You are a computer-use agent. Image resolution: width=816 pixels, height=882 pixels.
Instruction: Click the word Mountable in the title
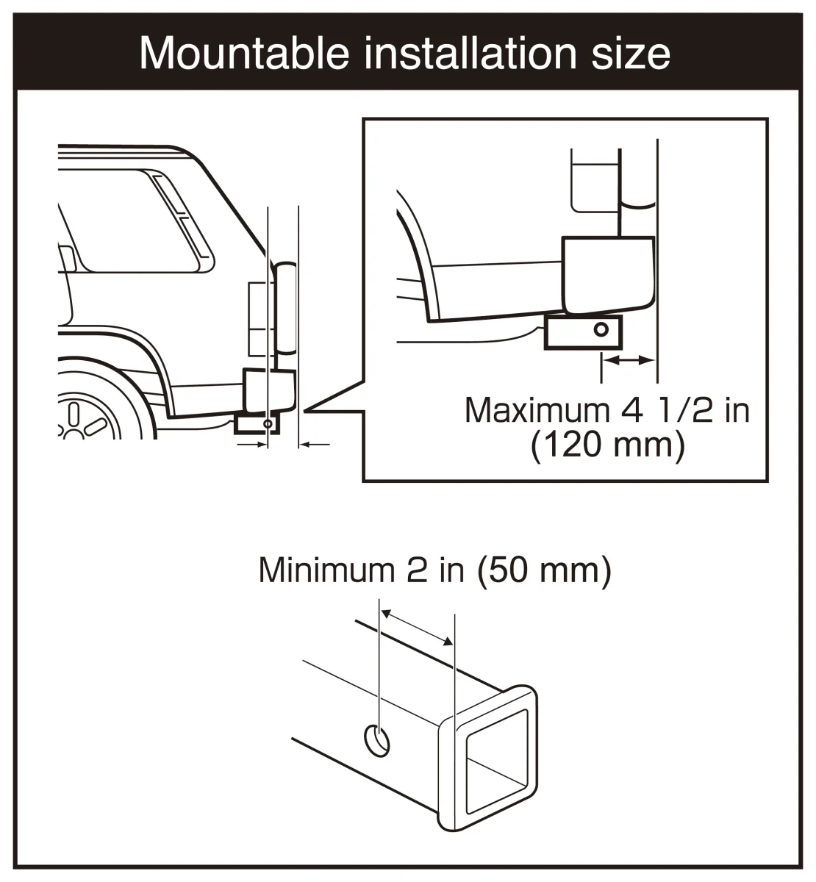click(244, 54)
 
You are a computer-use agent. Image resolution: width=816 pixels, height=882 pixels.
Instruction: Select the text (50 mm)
click(544, 570)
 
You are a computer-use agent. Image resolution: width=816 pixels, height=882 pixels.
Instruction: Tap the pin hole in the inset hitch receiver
click(601, 329)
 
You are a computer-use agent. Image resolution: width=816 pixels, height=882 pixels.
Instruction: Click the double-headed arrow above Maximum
click(629, 360)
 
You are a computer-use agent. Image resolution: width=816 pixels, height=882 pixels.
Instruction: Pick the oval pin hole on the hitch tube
click(376, 741)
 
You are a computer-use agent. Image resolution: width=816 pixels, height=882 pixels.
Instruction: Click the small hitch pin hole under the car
click(268, 423)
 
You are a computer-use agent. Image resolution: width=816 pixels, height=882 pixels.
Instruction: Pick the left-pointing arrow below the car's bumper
click(315, 444)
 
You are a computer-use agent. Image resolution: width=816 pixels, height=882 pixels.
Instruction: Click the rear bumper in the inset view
click(609, 274)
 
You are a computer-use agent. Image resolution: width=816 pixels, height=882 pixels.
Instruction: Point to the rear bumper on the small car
click(269, 391)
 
